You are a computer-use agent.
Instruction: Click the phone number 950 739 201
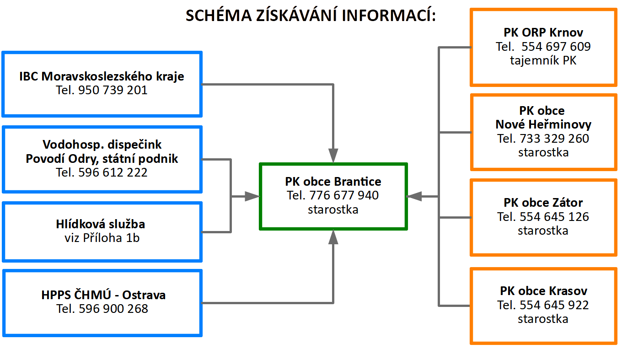click(x=113, y=90)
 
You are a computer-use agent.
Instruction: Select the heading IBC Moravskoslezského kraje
click(x=102, y=76)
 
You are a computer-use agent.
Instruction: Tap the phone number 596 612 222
click(x=113, y=172)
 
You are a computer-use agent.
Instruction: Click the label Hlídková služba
click(x=101, y=224)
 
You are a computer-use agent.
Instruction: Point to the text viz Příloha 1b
click(x=102, y=238)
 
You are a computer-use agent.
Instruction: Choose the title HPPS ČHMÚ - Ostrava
click(x=103, y=295)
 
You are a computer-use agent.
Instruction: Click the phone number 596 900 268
click(x=113, y=309)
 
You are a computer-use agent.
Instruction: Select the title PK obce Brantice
click(x=333, y=182)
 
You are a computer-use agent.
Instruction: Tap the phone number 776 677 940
click(x=344, y=195)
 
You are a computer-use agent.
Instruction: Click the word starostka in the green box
click(x=333, y=210)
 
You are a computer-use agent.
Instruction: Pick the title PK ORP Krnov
click(x=543, y=32)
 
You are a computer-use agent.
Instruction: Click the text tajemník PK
click(x=543, y=60)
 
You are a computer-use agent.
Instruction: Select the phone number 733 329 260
click(x=554, y=138)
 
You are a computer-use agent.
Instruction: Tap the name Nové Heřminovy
click(x=543, y=124)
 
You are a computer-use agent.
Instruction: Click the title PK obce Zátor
click(x=543, y=203)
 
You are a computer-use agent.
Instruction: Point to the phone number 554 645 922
click(x=554, y=305)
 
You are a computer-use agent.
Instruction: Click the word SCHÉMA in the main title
click(x=219, y=15)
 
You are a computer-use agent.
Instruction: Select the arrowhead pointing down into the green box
click(x=333, y=156)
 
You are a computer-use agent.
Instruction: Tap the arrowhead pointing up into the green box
click(x=333, y=237)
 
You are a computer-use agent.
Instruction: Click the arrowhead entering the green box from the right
click(x=414, y=196)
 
